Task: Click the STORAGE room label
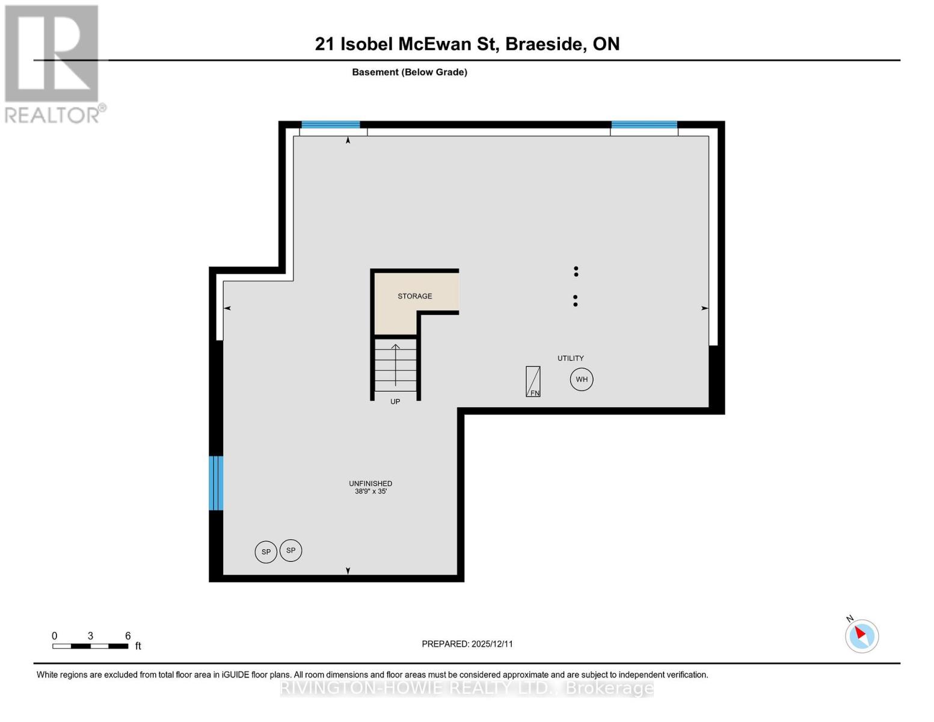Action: pyautogui.click(x=414, y=296)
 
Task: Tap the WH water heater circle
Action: pyautogui.click(x=582, y=380)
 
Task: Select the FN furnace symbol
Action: pyautogui.click(x=533, y=381)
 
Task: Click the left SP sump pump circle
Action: pyautogui.click(x=266, y=552)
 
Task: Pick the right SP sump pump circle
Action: pyautogui.click(x=291, y=551)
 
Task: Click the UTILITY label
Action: pyautogui.click(x=570, y=358)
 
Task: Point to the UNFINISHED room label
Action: pyautogui.click(x=370, y=483)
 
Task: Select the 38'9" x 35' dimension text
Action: pyautogui.click(x=370, y=492)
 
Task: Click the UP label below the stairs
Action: pyautogui.click(x=395, y=401)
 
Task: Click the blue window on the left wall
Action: pyautogui.click(x=216, y=483)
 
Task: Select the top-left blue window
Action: pyautogui.click(x=330, y=125)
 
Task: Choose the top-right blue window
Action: pyautogui.click(x=644, y=125)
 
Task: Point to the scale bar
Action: pyautogui.click(x=90, y=646)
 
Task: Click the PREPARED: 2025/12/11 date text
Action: pyautogui.click(x=467, y=644)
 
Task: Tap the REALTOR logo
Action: pyautogui.click(x=53, y=64)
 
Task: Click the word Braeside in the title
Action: pyautogui.click(x=545, y=44)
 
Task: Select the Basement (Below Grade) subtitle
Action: pyautogui.click(x=410, y=72)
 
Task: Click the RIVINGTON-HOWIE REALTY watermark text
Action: pyautogui.click(x=467, y=688)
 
